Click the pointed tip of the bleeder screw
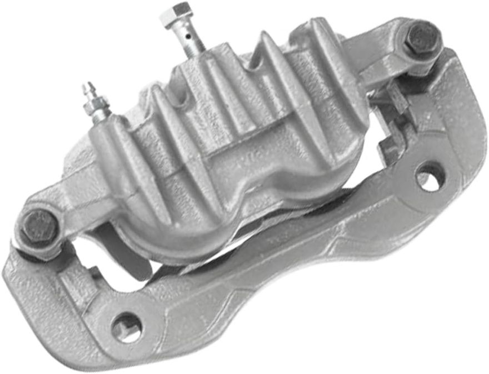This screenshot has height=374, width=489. click(x=87, y=87)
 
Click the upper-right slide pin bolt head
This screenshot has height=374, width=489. click(x=421, y=38)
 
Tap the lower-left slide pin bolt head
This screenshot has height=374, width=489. click(x=39, y=227)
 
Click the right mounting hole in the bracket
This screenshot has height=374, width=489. click(x=430, y=176)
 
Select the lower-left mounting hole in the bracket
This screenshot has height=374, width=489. click(x=126, y=327)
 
